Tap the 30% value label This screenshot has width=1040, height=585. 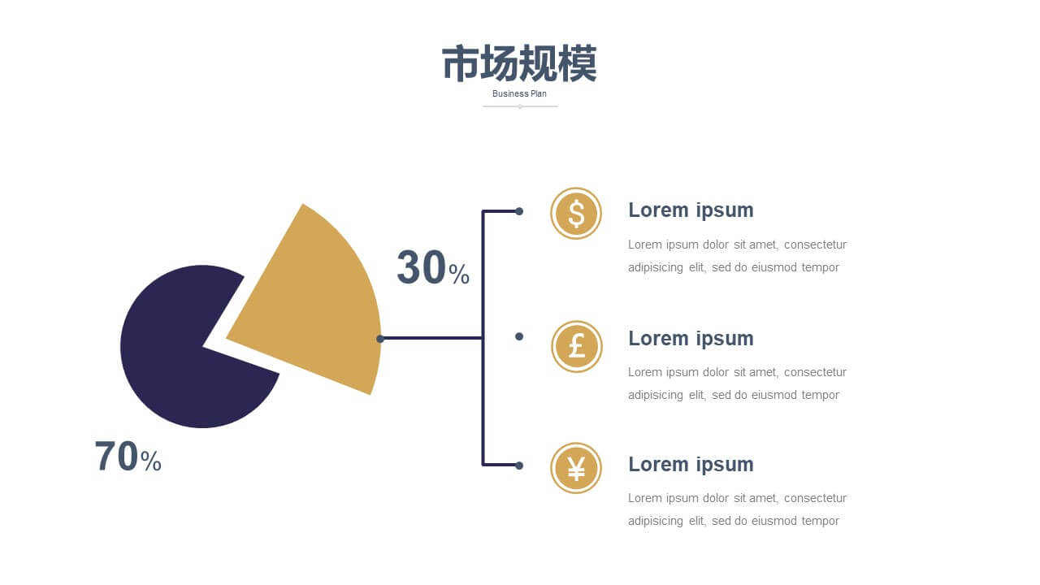click(x=433, y=267)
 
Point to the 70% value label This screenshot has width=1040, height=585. click(x=128, y=457)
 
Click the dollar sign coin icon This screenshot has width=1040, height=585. click(x=576, y=214)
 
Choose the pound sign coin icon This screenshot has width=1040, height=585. click(x=577, y=346)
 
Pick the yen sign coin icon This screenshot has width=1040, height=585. click(x=576, y=468)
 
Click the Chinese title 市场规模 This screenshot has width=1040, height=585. click(x=519, y=63)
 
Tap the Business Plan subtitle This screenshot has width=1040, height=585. click(x=519, y=93)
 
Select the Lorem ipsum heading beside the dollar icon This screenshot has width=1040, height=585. click(x=691, y=210)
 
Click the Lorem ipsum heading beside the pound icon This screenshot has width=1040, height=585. click(x=691, y=339)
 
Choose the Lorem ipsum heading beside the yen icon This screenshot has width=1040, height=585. click(x=691, y=464)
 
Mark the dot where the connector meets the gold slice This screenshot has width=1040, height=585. click(x=380, y=339)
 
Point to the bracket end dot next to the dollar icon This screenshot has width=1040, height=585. click(x=519, y=211)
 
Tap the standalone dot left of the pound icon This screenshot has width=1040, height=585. click(x=519, y=336)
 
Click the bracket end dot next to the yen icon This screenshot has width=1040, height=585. click(x=519, y=466)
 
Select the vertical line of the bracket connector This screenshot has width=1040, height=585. click(x=483, y=338)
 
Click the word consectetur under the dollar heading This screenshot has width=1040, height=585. click(x=815, y=245)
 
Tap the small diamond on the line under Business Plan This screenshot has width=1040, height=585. click(x=520, y=106)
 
